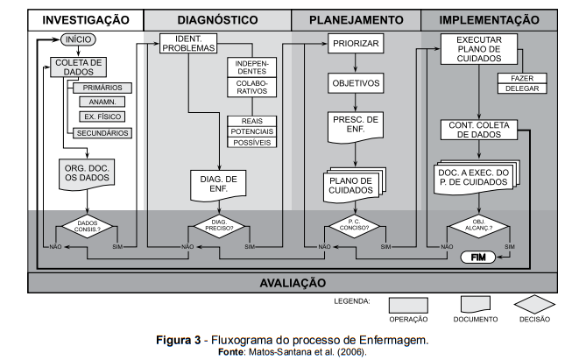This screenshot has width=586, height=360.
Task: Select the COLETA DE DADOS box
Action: click(80, 67)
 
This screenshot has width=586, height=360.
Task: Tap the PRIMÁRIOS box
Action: click(102, 88)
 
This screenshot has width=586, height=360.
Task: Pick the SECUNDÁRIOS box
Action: click(102, 133)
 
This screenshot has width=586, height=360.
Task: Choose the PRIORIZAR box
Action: click(355, 43)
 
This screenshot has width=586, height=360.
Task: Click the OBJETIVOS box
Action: click(355, 84)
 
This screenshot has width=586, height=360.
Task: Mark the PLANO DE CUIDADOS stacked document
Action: click(354, 185)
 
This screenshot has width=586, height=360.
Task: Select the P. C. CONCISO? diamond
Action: click(355, 224)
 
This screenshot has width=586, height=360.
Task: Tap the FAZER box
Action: click(522, 78)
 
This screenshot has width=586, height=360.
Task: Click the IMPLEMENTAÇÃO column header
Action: click(489, 18)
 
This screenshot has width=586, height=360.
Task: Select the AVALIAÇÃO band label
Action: click(293, 283)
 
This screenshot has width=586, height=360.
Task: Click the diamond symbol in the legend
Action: click(532, 305)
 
